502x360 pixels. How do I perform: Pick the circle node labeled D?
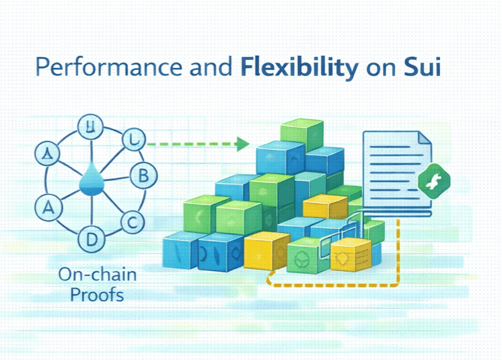click(89, 238)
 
